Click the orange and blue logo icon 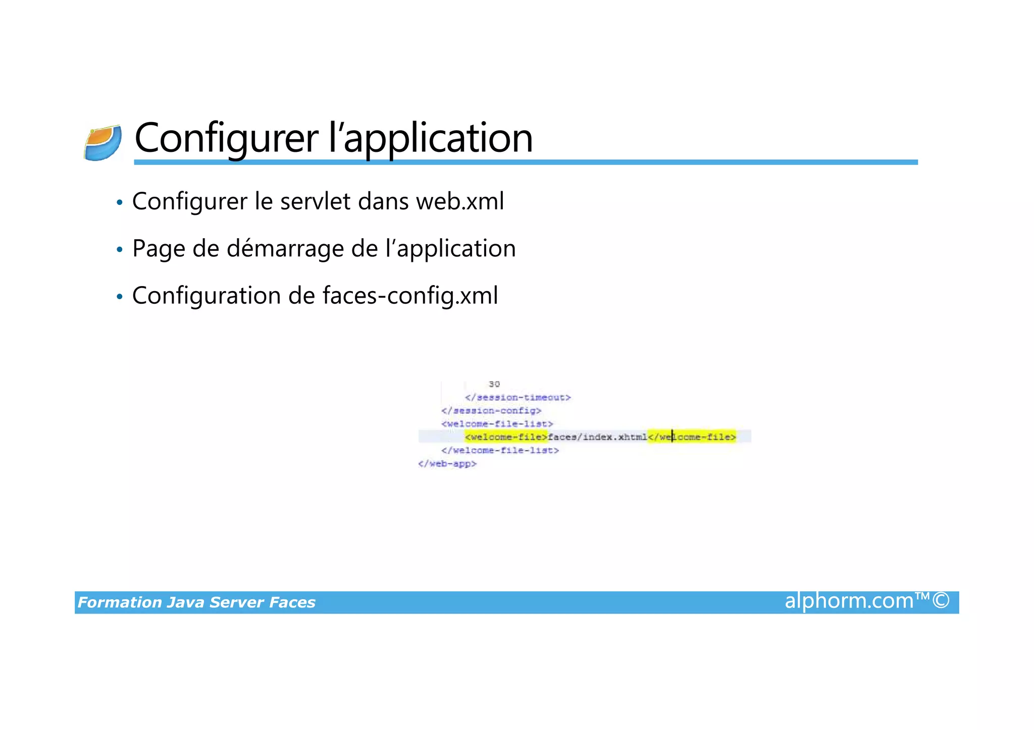coord(103,143)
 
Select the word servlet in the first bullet coord(315,201)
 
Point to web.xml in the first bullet coord(460,201)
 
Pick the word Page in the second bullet coord(158,249)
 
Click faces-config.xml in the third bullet coord(410,296)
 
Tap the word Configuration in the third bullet coord(206,296)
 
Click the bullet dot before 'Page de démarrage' coord(120,250)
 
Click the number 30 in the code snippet coord(494,384)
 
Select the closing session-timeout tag coord(518,398)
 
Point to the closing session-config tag coord(491,411)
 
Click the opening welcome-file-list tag coord(497,424)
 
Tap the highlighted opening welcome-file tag coord(506,437)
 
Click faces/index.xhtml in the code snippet coord(597,437)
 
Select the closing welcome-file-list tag coord(500,450)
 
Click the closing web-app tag coord(447,464)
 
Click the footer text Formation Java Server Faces coord(196,602)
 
